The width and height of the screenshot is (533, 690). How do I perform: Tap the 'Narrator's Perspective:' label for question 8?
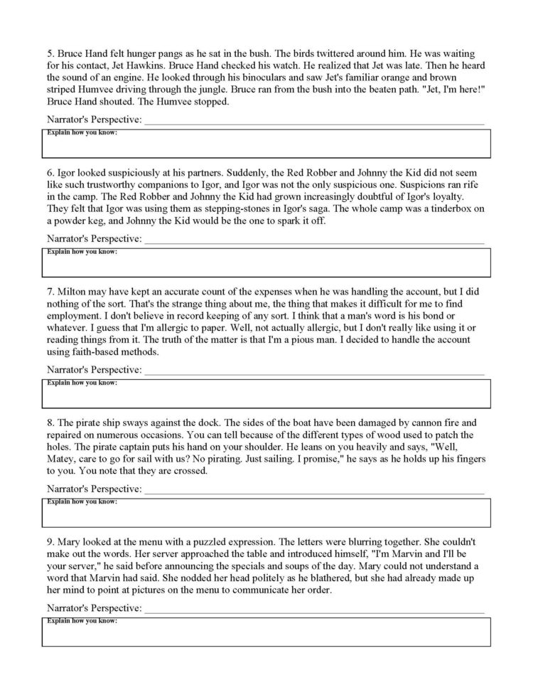(94, 489)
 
